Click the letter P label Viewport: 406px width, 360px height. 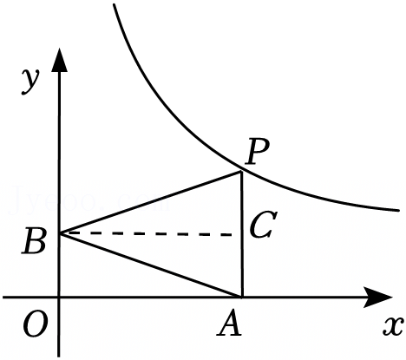(257, 152)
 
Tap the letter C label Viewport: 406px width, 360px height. (263, 225)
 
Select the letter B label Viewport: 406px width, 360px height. (34, 241)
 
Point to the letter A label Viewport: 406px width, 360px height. (229, 324)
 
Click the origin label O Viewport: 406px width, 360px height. (35, 324)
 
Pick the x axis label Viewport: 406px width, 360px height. (393, 326)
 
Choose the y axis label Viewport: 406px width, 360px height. (29, 82)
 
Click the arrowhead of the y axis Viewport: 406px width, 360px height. (60, 60)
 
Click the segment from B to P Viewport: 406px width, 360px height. (150, 202)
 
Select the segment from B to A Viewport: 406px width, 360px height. (150, 265)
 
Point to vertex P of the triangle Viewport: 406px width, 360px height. (241, 172)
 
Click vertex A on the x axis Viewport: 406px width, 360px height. (242, 297)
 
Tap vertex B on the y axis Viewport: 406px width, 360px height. (60, 232)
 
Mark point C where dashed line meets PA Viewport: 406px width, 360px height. (241, 234)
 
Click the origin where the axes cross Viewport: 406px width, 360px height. (59, 297)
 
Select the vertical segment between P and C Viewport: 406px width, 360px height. (241, 203)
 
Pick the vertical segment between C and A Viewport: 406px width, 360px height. (241, 265)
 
